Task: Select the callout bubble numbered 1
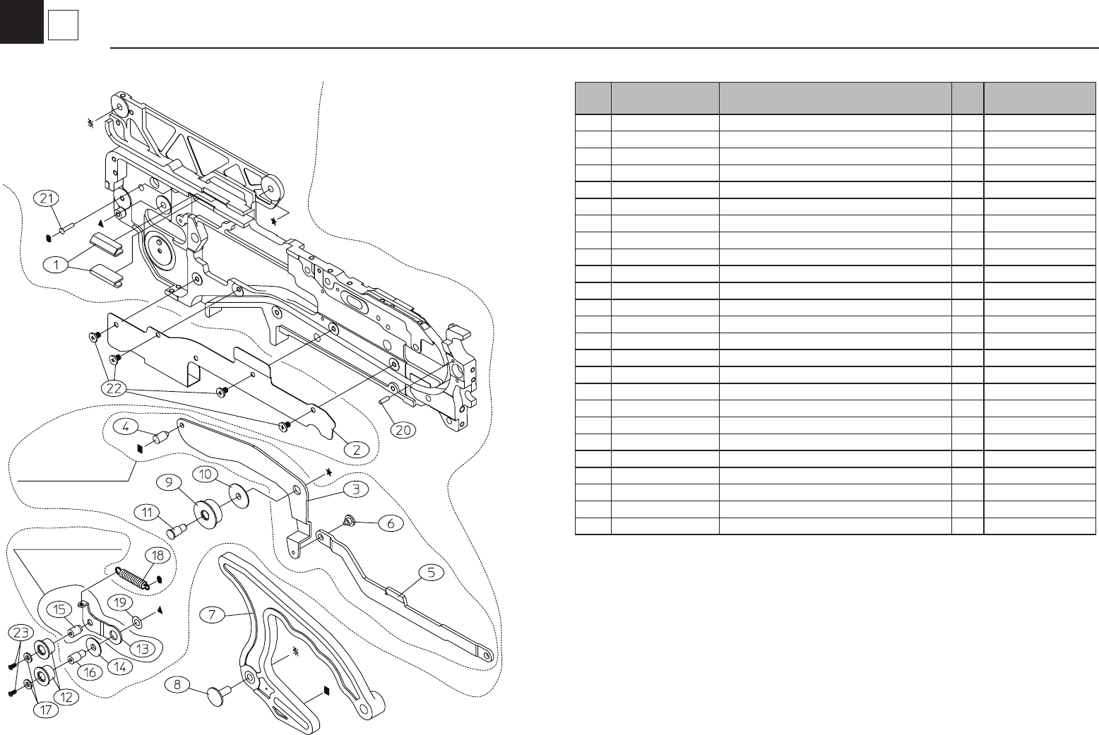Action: [54, 265]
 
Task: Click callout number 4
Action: [125, 426]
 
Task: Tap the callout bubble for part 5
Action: [432, 573]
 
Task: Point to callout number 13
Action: [143, 648]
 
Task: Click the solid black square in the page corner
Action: [21, 21]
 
